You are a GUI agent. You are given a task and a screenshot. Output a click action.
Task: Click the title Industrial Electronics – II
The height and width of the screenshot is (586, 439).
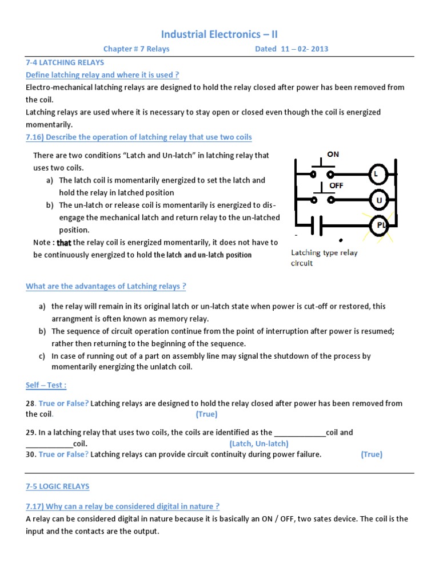tap(219, 34)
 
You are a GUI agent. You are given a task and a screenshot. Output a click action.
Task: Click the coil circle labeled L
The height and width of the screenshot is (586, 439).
tap(377, 173)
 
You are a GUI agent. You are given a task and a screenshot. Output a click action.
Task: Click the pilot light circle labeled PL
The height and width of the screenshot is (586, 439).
tap(378, 227)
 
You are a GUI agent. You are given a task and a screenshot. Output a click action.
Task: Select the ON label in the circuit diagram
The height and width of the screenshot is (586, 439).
tap(333, 155)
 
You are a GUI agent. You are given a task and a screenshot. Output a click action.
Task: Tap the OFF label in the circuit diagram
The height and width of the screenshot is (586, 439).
tap(336, 186)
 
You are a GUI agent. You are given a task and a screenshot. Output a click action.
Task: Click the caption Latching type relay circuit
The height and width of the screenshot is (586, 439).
tap(324, 258)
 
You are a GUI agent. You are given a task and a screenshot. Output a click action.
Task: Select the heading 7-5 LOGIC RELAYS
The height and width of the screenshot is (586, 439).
tap(58, 486)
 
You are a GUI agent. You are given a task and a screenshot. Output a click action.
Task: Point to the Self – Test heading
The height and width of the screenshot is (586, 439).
tap(46, 386)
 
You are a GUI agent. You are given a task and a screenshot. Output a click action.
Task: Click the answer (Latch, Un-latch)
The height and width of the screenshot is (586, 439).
tap(259, 444)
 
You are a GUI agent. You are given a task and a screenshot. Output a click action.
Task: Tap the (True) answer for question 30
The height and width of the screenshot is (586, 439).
tap(372, 454)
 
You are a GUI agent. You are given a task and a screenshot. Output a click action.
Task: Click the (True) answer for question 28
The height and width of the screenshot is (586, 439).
tap(206, 414)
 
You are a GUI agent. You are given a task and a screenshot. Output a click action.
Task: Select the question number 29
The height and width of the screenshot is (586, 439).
tap(30, 433)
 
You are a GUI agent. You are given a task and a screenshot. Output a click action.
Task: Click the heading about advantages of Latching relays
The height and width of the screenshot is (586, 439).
tap(106, 286)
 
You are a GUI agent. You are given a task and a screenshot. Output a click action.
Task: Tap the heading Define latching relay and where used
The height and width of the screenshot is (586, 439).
tap(103, 75)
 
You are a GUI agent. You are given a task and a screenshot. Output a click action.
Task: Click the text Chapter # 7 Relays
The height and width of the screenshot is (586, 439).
tap(136, 49)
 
